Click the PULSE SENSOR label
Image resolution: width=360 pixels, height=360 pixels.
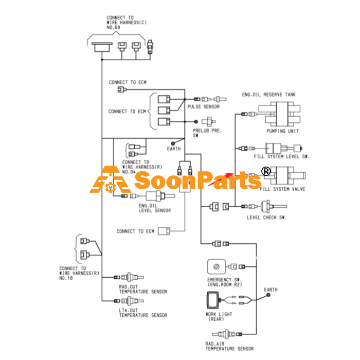[x=204, y=107]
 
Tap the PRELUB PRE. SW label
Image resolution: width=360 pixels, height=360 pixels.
[x=207, y=133]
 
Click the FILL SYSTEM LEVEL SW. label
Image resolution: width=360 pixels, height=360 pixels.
[x=282, y=156]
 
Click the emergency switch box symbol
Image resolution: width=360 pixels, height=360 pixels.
[x=217, y=267]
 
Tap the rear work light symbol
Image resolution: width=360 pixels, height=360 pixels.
[x=213, y=300]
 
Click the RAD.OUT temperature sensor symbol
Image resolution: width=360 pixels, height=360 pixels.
[x=132, y=277]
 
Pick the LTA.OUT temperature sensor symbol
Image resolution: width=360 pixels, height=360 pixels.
[x=132, y=301]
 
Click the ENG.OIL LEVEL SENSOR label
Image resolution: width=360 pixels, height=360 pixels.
[x=154, y=208]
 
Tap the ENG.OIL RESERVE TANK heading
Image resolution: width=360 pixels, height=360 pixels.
[x=268, y=95]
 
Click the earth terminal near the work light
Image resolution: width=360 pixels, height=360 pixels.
[x=268, y=295]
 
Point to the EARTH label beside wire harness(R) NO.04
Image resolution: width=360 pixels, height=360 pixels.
[x=174, y=149]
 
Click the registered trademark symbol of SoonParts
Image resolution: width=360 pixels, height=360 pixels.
[x=266, y=171]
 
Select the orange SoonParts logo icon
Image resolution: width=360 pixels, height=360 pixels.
[x=111, y=179]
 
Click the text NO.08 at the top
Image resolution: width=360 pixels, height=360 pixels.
[x=113, y=28]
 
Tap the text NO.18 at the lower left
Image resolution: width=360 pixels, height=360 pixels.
[x=66, y=278]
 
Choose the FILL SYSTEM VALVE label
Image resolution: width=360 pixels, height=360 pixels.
[x=282, y=189]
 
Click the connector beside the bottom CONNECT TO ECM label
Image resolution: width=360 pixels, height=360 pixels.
[x=164, y=231]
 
